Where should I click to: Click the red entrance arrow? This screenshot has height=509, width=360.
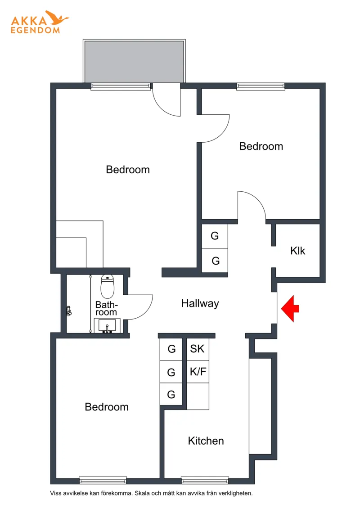(x=290, y=309)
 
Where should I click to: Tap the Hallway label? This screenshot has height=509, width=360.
(x=200, y=303)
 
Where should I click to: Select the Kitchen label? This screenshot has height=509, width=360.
(x=206, y=441)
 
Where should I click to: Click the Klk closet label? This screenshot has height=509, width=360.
(x=297, y=251)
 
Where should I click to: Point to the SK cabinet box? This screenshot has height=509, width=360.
(x=197, y=349)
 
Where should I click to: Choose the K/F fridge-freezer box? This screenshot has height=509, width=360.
(x=198, y=372)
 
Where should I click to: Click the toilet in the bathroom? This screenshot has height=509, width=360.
(x=108, y=287)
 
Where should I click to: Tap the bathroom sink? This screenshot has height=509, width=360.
(x=107, y=325)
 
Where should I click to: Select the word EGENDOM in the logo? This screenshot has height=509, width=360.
(x=35, y=30)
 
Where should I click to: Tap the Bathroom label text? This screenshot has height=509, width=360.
(x=106, y=308)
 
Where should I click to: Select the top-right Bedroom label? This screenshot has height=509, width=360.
(x=261, y=146)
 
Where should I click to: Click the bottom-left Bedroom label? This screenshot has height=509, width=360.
(x=107, y=407)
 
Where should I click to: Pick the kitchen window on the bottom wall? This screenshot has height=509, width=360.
(x=205, y=480)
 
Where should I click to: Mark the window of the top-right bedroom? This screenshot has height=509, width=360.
(x=261, y=86)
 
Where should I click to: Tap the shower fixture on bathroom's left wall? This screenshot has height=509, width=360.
(x=69, y=311)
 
